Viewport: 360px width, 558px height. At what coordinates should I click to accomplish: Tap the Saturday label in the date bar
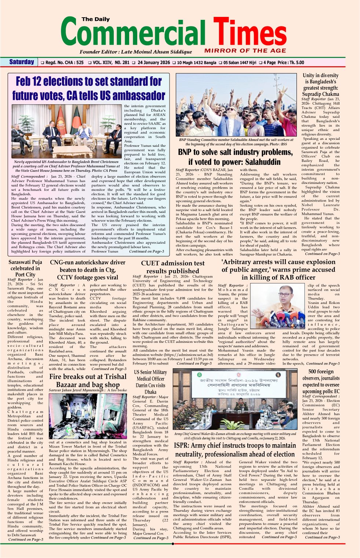tap(22, 62)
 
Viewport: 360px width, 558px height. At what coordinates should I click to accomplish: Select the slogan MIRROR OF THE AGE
tap(245, 51)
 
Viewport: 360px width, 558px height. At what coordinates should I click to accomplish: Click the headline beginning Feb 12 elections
tap(89, 88)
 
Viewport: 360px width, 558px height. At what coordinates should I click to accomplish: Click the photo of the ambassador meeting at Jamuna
tap(66, 131)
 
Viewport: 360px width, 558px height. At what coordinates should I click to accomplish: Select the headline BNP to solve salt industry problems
tap(235, 157)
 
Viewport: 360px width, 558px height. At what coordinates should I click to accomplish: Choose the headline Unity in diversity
tap(320, 84)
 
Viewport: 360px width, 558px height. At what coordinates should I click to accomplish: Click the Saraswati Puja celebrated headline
tap(25, 268)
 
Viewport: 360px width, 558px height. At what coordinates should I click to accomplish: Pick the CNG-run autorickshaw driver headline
tap(88, 270)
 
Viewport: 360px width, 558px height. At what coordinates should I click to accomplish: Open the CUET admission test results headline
tap(173, 267)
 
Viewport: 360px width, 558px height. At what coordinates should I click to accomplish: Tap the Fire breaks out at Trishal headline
tap(88, 380)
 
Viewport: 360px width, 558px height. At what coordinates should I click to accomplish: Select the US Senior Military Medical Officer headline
tap(150, 382)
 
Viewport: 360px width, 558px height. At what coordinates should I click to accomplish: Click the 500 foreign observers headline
tap(321, 381)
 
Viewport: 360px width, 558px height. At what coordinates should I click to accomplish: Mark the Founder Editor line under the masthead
tap(136, 52)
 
